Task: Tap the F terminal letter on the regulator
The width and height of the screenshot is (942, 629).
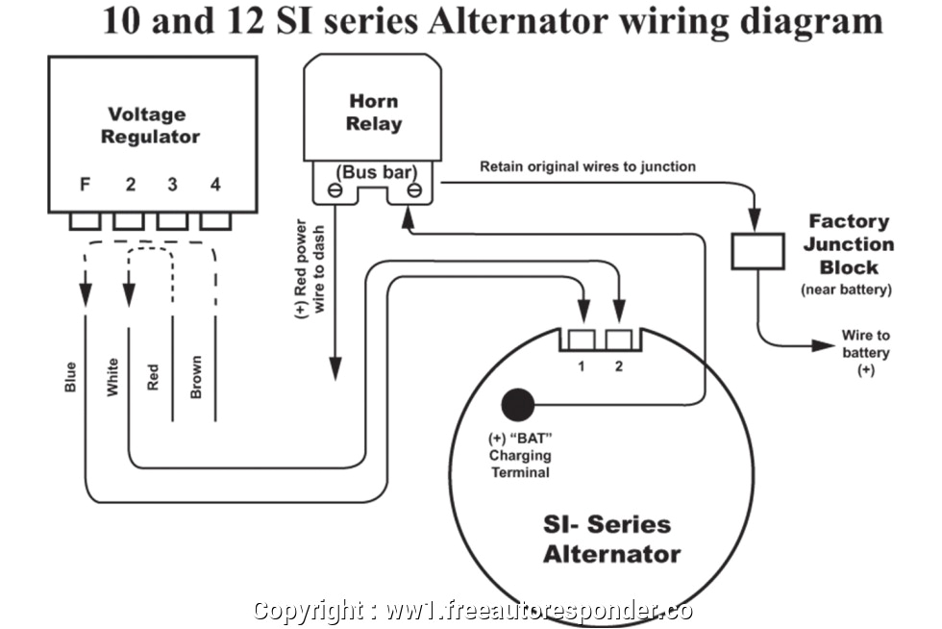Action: (85, 185)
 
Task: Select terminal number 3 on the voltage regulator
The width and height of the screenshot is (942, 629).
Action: (172, 185)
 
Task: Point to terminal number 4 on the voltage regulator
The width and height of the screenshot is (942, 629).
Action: (215, 185)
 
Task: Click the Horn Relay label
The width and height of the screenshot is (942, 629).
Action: (374, 113)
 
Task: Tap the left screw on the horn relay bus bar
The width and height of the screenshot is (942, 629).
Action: (333, 190)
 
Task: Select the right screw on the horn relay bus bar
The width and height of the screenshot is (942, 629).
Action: (413, 190)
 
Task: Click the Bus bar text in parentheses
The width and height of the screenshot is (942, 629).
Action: (375, 172)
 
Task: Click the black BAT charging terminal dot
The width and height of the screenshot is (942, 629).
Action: (518, 404)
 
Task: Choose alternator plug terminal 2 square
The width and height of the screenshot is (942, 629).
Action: (619, 340)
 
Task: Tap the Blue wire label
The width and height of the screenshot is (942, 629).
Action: (70, 376)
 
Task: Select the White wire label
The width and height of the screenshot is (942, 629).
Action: (112, 376)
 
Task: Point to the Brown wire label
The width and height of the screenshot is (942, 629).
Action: (196, 376)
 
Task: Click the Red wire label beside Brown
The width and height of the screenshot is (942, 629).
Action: (154, 376)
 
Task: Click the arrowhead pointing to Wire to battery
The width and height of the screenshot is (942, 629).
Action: (823, 344)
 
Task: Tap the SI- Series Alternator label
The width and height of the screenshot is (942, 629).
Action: (611, 539)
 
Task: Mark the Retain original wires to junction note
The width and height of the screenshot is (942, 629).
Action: (587, 166)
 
